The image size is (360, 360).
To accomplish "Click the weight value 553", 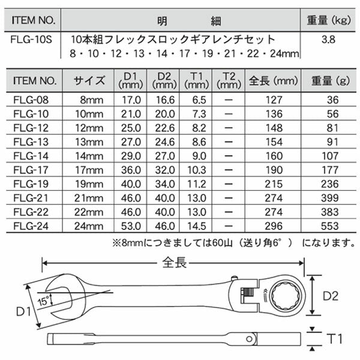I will click(329, 226).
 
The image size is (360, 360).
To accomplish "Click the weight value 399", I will click(329, 197).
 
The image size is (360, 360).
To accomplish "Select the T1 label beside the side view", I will click(334, 337).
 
